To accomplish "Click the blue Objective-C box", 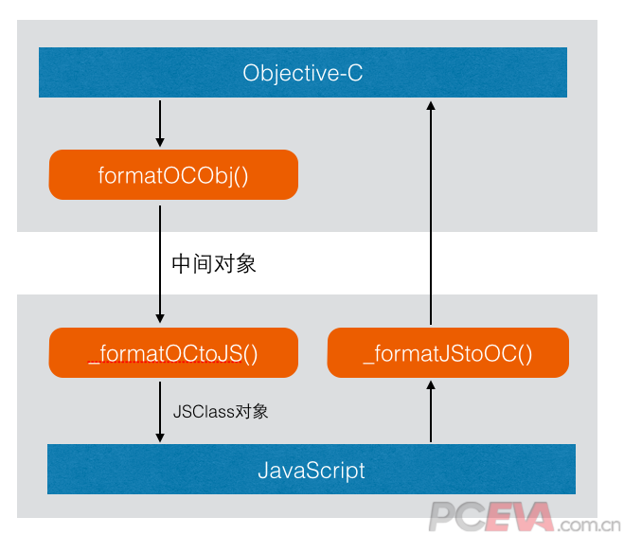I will (x=302, y=72).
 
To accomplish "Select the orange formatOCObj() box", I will (x=173, y=176).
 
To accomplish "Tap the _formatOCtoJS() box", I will (x=173, y=354).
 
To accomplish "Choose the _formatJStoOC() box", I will (x=448, y=354).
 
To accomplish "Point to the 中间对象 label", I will (x=214, y=264).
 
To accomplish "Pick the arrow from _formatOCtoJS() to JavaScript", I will (x=160, y=409).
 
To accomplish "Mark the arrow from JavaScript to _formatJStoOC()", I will (x=431, y=412).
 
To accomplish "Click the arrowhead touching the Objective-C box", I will (x=431, y=105).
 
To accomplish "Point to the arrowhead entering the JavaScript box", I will (x=160, y=437).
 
